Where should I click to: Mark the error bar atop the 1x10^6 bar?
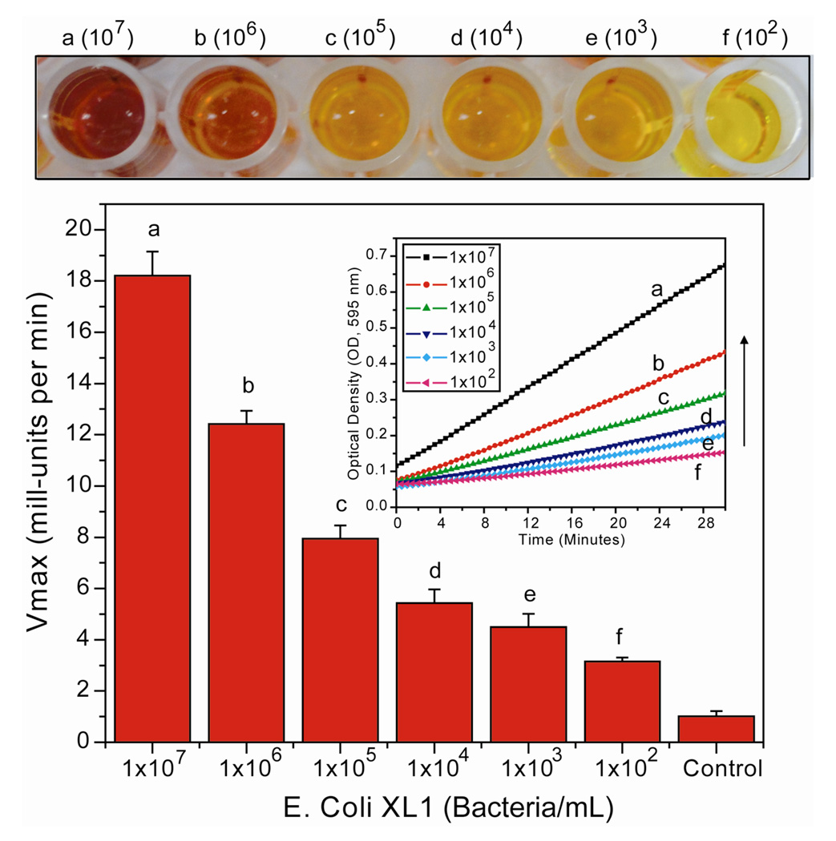(246, 416)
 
